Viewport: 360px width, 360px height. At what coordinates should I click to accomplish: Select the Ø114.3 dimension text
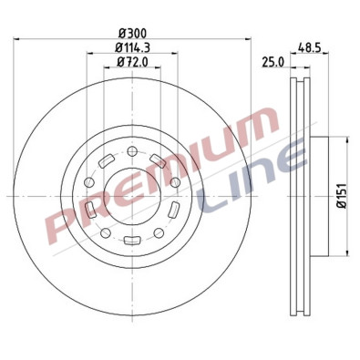tap(133, 47)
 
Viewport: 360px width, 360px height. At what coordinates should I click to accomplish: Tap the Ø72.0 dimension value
tap(133, 61)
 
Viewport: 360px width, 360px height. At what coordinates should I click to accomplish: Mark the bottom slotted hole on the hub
tap(133, 241)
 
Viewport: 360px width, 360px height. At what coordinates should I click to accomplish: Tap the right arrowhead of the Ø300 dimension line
tap(247, 39)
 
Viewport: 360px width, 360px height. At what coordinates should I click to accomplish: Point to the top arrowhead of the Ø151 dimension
tap(347, 140)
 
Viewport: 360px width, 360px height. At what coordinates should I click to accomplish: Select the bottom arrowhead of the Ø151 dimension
tap(347, 247)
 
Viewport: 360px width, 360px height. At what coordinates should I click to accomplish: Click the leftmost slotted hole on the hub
tap(89, 211)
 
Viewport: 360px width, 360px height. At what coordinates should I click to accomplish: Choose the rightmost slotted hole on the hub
tap(178, 211)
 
